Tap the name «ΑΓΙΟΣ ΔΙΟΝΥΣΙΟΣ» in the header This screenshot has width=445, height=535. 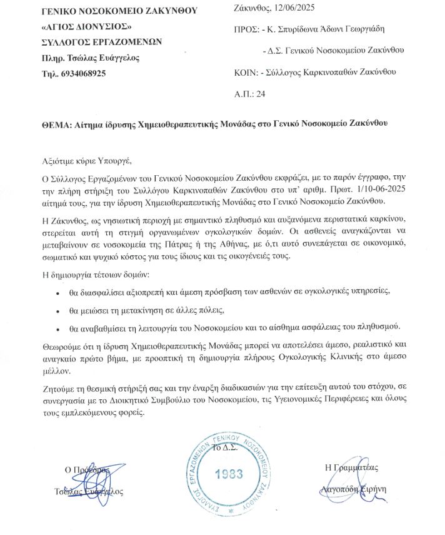point(85,28)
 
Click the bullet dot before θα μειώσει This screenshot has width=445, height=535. point(57,311)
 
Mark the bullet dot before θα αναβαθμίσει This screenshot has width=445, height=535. point(57,329)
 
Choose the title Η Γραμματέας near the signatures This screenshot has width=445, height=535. point(351,467)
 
